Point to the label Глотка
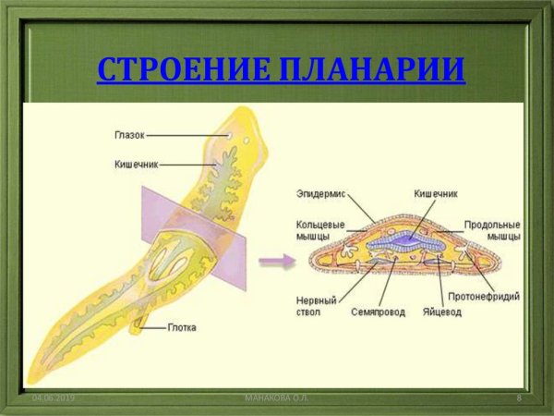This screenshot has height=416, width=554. pos(182,327)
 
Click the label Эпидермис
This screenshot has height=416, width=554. pos(319,195)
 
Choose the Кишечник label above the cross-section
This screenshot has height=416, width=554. pos(436,195)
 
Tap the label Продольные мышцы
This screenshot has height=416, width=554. pos(492,230)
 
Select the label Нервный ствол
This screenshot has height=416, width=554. pos(315,305)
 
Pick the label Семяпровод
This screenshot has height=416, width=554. pos(378,312)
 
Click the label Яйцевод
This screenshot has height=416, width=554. pos(442,312)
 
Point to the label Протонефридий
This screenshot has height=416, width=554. pos(484,297)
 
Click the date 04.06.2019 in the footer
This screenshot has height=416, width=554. pos(53,398)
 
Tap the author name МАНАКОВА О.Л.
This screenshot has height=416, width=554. pos(277,398)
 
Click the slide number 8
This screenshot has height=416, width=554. pos(519,398)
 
